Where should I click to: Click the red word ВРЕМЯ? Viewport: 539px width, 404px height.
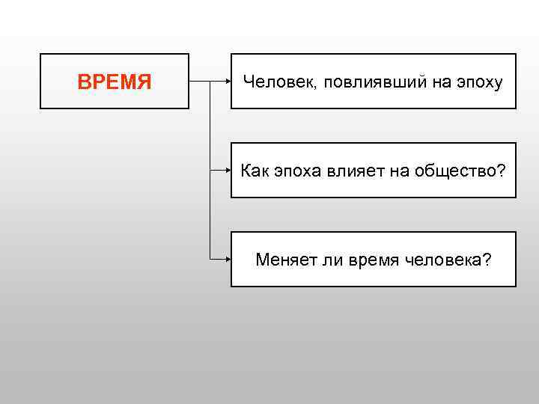[x=115, y=82]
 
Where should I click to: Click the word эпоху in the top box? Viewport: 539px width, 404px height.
[x=478, y=82]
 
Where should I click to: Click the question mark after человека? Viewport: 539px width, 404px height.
[x=487, y=260]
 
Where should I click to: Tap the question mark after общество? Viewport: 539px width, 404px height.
[x=502, y=171]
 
